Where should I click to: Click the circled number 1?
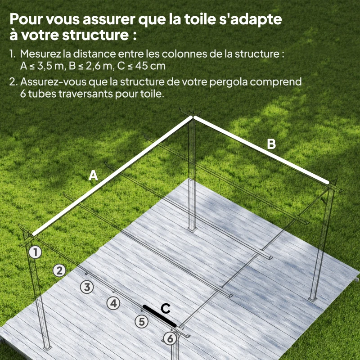pos(35,252)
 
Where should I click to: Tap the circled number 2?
pos(59,270)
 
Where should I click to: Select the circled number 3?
pos(87,286)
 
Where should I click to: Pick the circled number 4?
pos(114,303)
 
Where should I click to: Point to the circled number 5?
pos(142,321)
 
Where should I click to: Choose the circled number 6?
pos(170,338)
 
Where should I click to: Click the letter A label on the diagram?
pos(93,176)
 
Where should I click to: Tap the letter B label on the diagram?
pos(271,144)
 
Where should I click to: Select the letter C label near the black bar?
pos(166,309)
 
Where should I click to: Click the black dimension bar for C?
pos(159,316)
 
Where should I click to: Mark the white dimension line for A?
pos(112,176)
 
